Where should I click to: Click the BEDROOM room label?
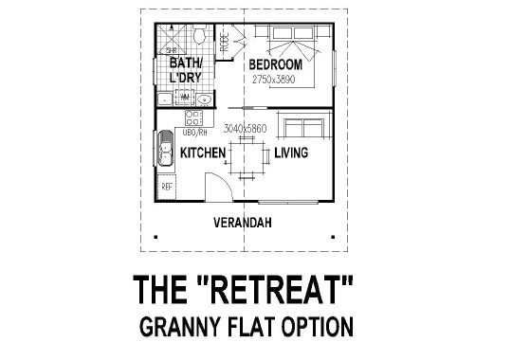tap(275, 64)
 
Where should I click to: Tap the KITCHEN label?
tap(202, 153)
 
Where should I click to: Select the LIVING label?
tap(293, 153)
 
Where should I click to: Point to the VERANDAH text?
tap(243, 223)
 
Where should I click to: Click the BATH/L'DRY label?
tap(187, 70)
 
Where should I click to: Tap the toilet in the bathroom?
tap(199, 37)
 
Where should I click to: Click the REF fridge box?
tap(167, 188)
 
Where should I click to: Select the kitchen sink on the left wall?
tap(165, 151)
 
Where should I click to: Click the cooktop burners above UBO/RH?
tap(193, 118)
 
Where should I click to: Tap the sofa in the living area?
tap(306, 128)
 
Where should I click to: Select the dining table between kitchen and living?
tap(247, 156)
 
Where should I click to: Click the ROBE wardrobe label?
tap(225, 43)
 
